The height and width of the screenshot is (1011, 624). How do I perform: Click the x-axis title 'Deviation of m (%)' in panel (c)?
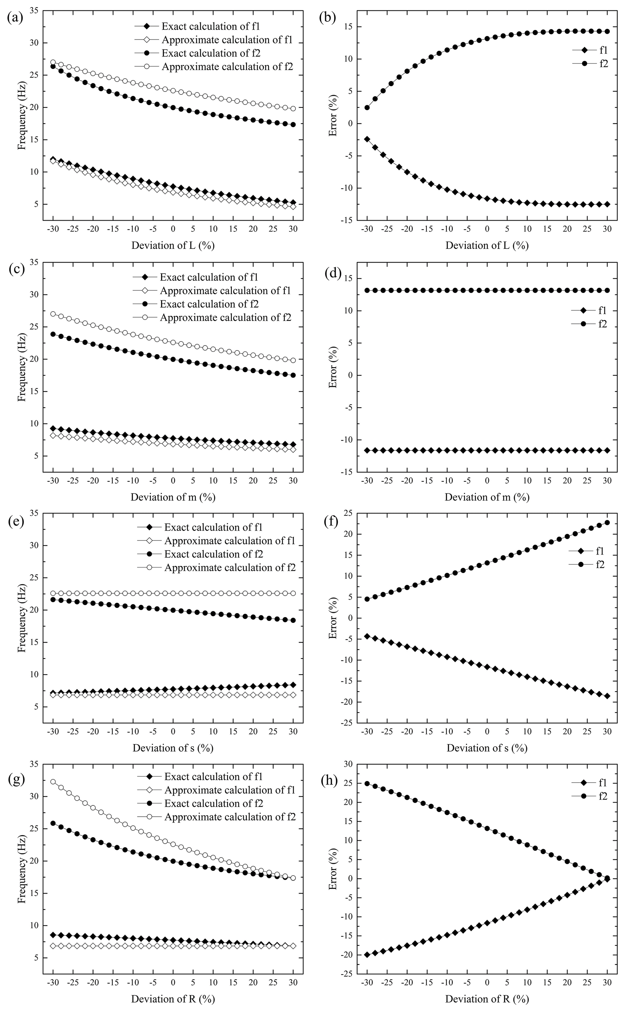pyautogui.click(x=173, y=497)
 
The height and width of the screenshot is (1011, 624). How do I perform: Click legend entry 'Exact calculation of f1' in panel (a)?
pyautogui.click(x=210, y=26)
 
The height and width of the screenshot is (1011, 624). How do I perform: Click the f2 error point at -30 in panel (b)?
pyautogui.click(x=367, y=107)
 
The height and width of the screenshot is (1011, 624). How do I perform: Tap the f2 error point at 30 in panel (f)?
pyautogui.click(x=607, y=522)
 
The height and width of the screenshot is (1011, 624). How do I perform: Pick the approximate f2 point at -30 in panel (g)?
pyautogui.click(x=53, y=782)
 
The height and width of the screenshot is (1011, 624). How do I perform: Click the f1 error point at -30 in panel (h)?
pyautogui.click(x=367, y=955)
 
